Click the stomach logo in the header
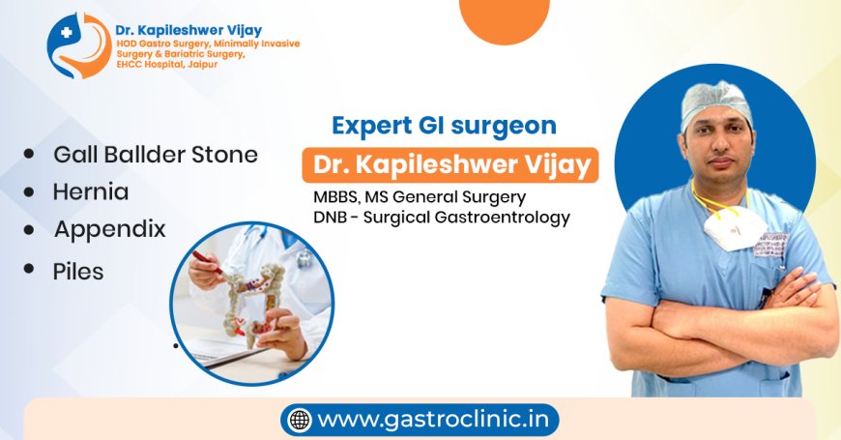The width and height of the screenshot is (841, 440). pyautogui.click(x=78, y=44)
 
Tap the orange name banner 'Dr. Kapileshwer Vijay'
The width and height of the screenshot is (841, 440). pyautogui.click(x=449, y=165)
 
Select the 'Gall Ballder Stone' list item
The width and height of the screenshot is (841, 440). pyautogui.click(x=156, y=155)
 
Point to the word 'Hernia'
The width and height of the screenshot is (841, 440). pyautogui.click(x=91, y=191)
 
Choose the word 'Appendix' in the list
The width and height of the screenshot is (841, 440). pyautogui.click(x=109, y=229)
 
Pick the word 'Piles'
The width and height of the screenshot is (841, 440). pyautogui.click(x=78, y=272)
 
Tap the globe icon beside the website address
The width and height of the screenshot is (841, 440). pyautogui.click(x=301, y=421)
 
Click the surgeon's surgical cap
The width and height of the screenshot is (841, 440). pyautogui.click(x=715, y=102)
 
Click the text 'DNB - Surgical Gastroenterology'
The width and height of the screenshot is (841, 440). pyautogui.click(x=441, y=218)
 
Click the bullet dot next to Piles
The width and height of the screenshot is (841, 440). pyautogui.click(x=30, y=269)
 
